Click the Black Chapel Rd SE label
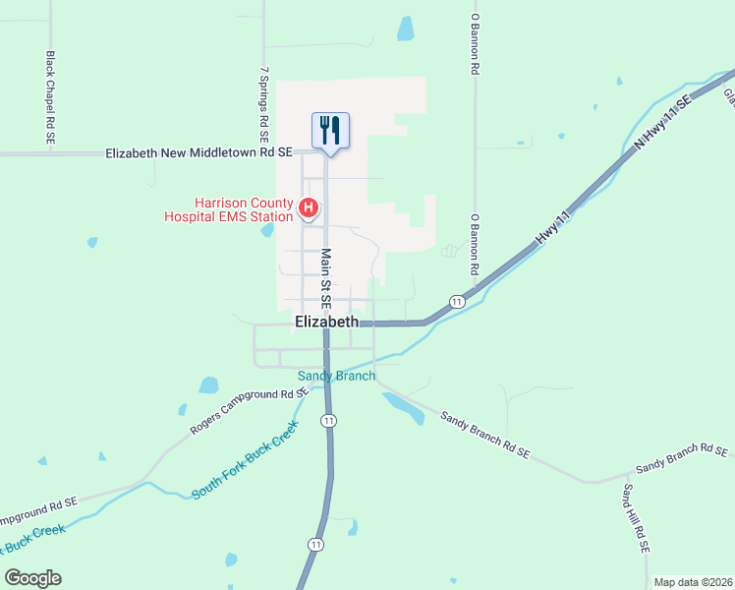(50, 98)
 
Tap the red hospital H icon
(309, 208)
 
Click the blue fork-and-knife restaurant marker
(330, 130)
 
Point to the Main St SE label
(325, 276)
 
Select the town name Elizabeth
(326, 322)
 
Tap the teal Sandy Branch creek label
(336, 376)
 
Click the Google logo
(32, 578)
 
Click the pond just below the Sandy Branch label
(403, 405)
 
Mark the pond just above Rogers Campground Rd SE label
(208, 385)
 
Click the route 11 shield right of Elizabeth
(457, 300)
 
